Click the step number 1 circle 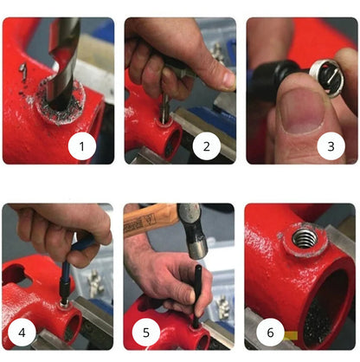[82, 146]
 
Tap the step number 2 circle [206, 146]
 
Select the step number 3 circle [329, 146]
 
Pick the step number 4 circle [20, 332]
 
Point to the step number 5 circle [144, 332]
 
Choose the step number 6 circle [267, 332]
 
